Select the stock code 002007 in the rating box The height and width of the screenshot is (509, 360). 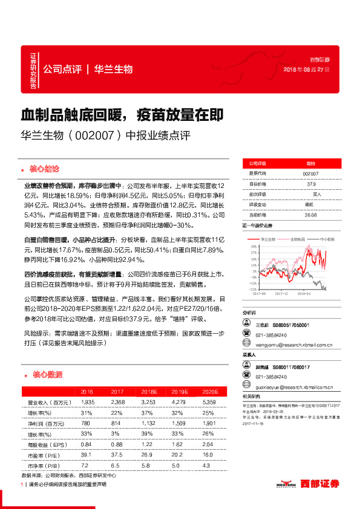pyautogui.click(x=310, y=173)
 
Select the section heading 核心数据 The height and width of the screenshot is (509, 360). pyautogui.click(x=46, y=375)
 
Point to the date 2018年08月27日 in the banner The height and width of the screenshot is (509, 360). pyautogui.click(x=307, y=70)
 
